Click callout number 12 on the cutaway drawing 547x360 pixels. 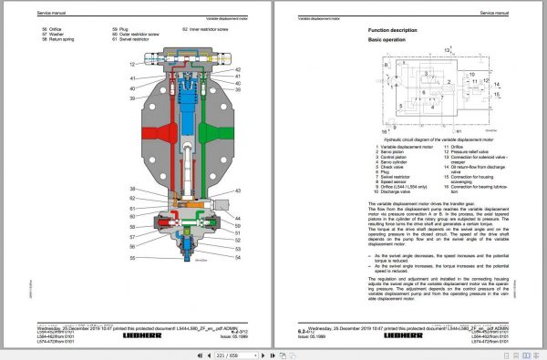point(133,65)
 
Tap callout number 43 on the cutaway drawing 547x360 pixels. point(237,190)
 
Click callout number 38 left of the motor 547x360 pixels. point(133,188)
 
